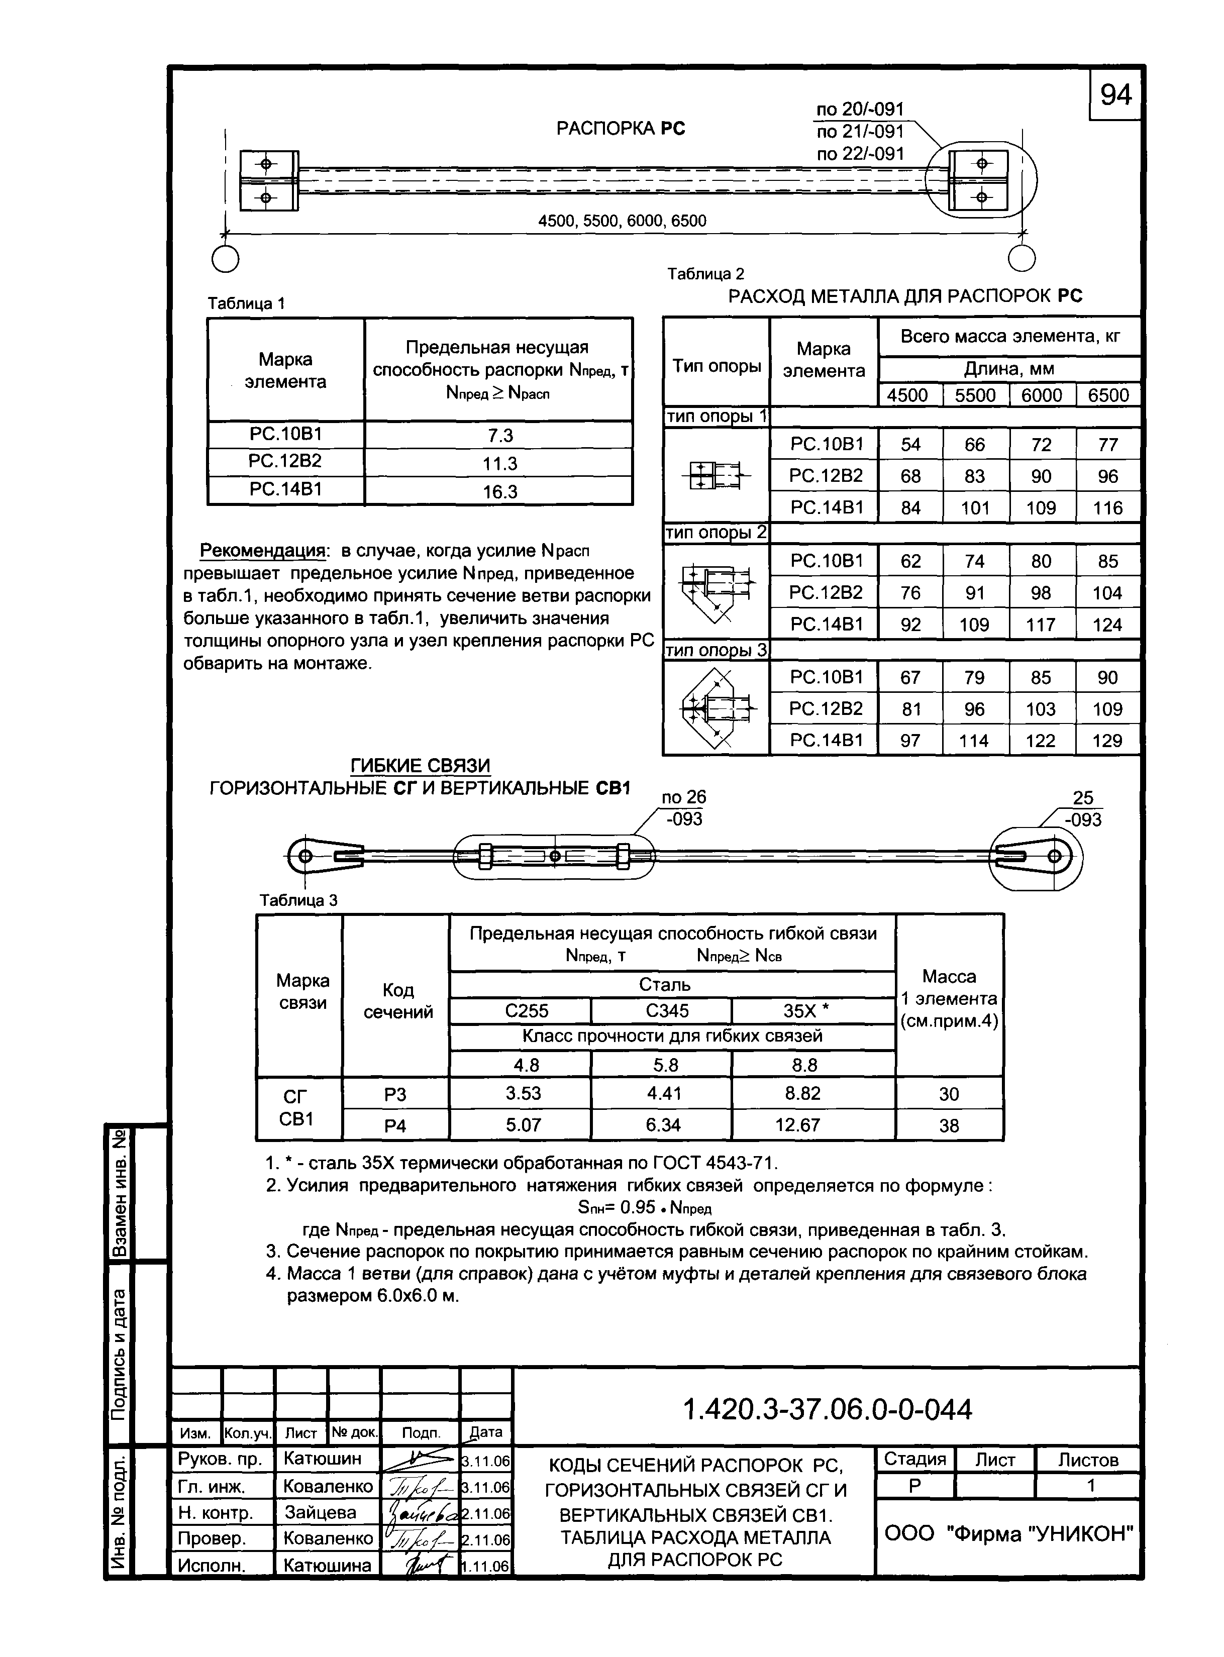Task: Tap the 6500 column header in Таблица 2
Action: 1107,395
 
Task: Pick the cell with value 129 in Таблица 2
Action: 1107,740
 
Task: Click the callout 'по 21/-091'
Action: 860,132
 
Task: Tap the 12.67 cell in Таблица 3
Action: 797,1125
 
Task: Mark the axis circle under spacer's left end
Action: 225,259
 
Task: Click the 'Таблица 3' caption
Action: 298,900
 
